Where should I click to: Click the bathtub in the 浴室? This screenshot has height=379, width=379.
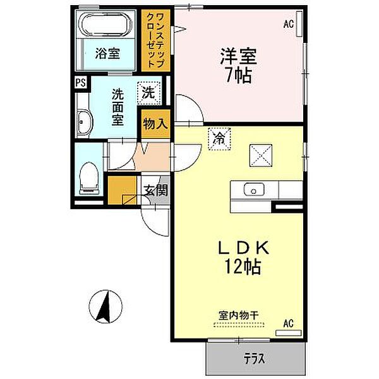coord(106,24)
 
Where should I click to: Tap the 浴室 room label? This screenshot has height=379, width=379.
coord(107,54)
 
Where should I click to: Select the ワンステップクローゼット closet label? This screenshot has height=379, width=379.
coord(155,40)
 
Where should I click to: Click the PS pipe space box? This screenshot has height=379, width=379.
coord(80,83)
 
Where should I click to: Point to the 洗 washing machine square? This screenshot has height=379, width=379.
coord(149,93)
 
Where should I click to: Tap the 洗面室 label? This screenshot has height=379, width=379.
coord(117,107)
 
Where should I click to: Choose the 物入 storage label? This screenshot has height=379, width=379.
coord(155,124)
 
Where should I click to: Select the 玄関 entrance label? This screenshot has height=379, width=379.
coord(156,191)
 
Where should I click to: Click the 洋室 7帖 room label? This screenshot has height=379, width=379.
coord(238,65)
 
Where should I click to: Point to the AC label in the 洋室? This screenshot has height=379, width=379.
coord(289,24)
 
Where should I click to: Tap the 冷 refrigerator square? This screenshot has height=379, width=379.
coord(219,139)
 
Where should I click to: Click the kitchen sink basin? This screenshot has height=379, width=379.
coord(254,189)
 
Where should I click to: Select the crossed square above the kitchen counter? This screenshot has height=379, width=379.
coord(261,155)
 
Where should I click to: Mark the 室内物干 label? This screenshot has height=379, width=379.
coord(239,315)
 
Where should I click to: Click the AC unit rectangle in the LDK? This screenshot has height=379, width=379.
coord(289,333)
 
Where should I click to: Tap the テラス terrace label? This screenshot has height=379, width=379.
coord(255,358)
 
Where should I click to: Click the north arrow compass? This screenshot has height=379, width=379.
coord(105,306)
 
